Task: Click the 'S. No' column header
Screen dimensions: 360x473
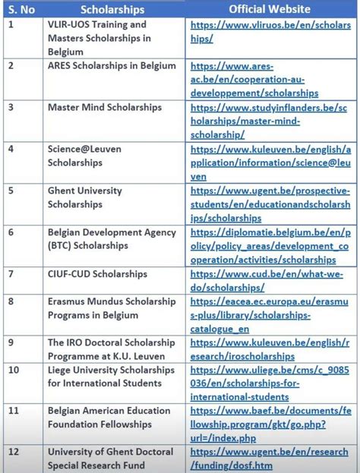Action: coord(21,9)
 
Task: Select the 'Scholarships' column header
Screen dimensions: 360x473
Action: coord(112,9)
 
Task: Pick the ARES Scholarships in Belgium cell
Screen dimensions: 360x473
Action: coord(112,66)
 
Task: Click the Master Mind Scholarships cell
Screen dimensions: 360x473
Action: coord(105,107)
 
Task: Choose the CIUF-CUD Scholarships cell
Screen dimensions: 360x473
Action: coord(97,273)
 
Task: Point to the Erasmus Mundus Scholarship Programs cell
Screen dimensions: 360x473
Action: coord(112,308)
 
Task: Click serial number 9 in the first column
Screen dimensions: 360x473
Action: coord(11,342)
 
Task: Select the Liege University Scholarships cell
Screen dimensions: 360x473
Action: coord(111,377)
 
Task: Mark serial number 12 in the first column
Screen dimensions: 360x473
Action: coord(14,452)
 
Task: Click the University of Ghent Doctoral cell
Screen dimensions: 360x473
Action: coord(110,459)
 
